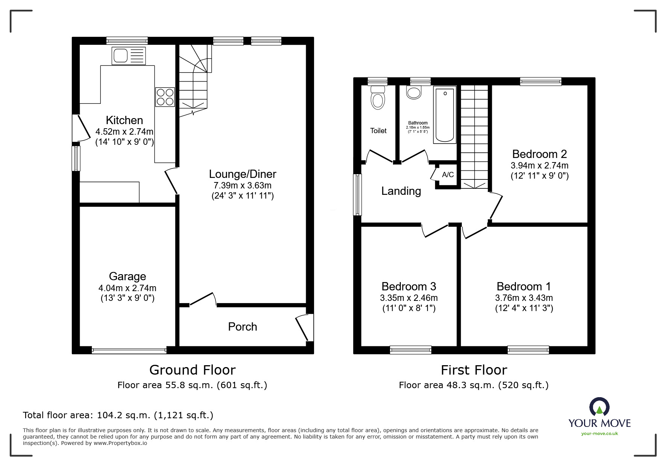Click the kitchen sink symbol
pos(129,56)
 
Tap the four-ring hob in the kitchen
pos(165,97)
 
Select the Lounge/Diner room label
pos(243,174)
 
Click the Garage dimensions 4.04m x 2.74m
pos(127,288)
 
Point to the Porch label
pos(243,326)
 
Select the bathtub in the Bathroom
pos(445,115)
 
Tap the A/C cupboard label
pos(448,175)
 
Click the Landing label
pos(401,191)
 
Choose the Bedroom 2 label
pos(539,154)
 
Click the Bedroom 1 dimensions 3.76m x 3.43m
pos(524,298)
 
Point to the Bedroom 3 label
pos(409,287)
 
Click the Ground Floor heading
pos(192,370)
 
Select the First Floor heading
pos(474,370)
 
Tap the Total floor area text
pos(118,415)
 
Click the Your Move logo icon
pos(599,407)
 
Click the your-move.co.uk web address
pos(599,434)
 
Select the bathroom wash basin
pos(414,93)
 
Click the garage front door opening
pos(129,350)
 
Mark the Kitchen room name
pos(124,120)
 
